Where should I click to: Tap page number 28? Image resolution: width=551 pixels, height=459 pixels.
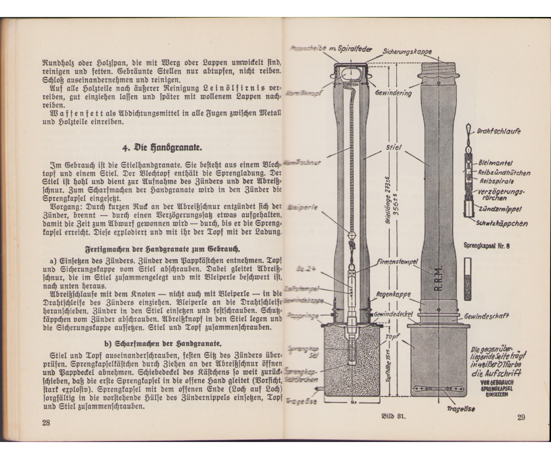coord(46,423)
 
